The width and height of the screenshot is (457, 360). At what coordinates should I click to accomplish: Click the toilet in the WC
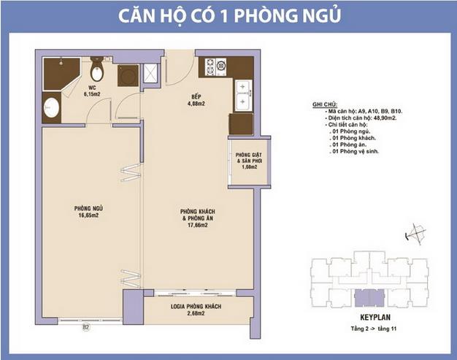pyautogui.click(x=96, y=72)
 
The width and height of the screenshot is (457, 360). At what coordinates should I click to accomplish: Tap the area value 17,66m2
pyautogui.click(x=195, y=225)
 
